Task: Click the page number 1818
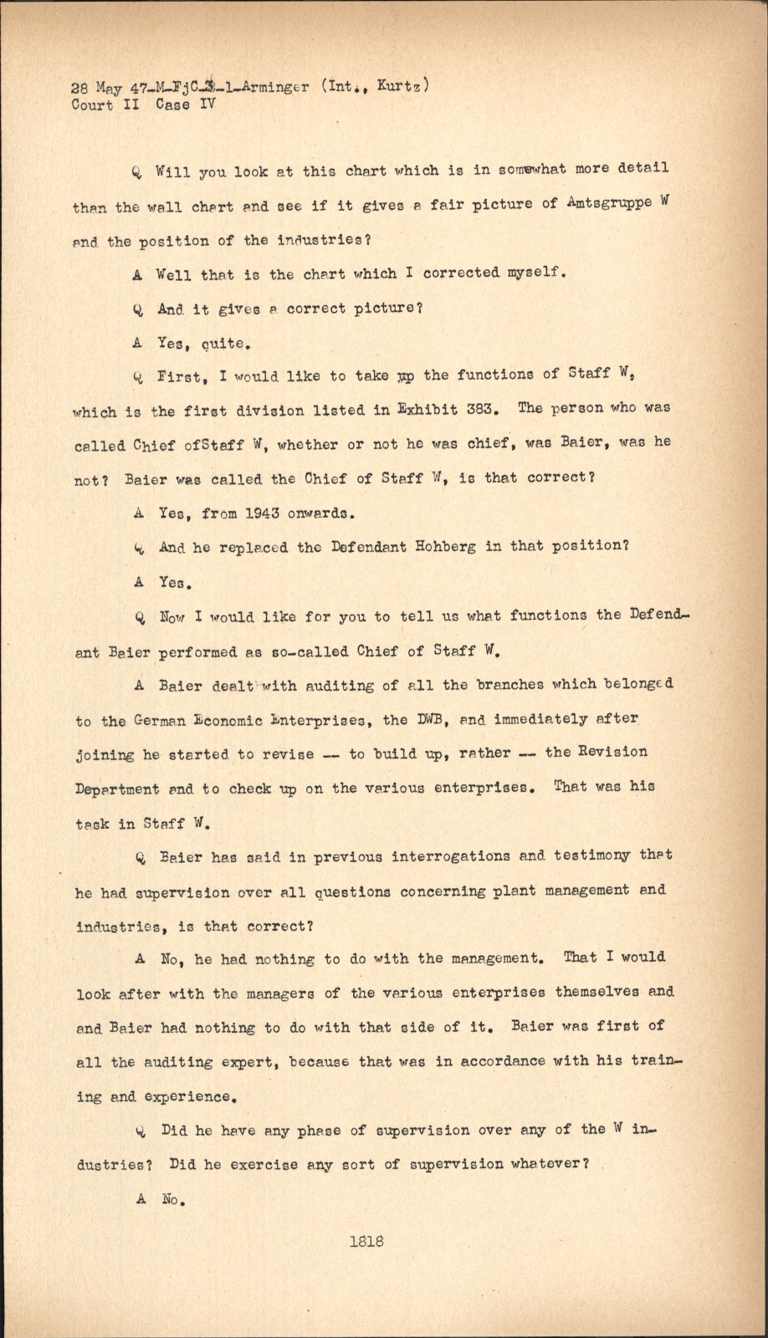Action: [x=366, y=1241]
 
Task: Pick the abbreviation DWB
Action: [x=423, y=719]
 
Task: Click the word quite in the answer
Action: [x=224, y=343]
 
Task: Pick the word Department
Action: [x=118, y=789]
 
